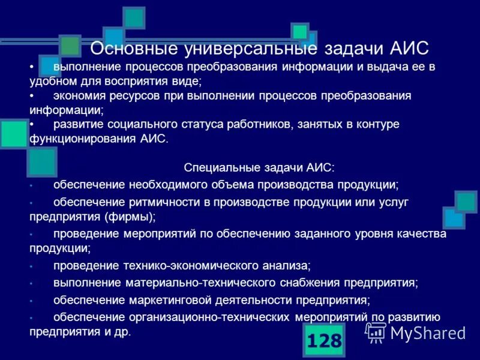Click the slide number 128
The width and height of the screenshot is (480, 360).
pyautogui.click(x=324, y=341)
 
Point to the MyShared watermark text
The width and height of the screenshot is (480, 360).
pyautogui.click(x=427, y=332)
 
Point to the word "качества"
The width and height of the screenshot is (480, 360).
pyautogui.click(x=424, y=233)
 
